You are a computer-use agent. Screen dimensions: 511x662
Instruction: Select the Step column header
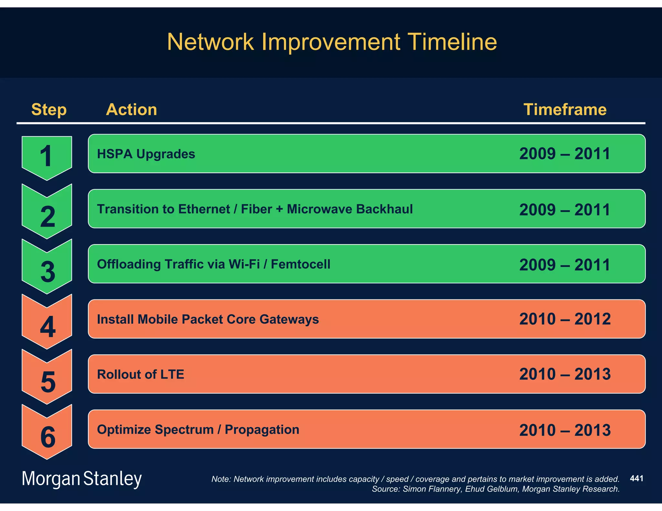pos(49,110)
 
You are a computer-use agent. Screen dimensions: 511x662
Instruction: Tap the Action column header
pos(131,110)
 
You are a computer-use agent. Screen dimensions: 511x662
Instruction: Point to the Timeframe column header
pos(565,110)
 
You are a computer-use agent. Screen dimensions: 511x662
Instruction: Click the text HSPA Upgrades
pos(146,154)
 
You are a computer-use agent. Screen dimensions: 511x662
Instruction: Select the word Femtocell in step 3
pos(300,264)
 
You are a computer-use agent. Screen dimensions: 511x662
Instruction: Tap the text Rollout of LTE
pos(140,374)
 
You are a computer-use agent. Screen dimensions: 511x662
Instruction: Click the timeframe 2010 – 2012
pos(565,319)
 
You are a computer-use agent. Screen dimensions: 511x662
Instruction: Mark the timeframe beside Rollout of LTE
pos(565,374)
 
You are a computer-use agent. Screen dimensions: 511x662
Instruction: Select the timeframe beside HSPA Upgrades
pos(565,154)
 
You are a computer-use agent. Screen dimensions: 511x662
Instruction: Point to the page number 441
pos(636,478)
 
